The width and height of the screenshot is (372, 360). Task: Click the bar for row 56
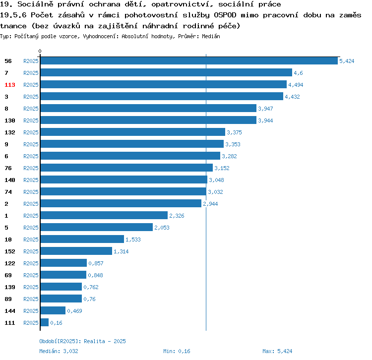[x=188, y=61]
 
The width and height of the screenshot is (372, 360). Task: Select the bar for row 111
[x=44, y=323]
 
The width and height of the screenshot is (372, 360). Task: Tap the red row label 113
[x=10, y=85]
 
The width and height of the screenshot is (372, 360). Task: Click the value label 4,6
[x=298, y=73]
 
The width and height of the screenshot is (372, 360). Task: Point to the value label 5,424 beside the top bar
[x=346, y=61]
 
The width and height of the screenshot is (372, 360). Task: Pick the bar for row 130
[x=148, y=120]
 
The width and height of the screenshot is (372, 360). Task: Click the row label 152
[x=10, y=251]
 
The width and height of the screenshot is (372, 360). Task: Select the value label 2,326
[x=177, y=216]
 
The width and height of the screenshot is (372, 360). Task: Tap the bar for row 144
[x=53, y=311]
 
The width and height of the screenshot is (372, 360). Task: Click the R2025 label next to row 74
[x=31, y=192]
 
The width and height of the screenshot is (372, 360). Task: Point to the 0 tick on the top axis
[x=40, y=51]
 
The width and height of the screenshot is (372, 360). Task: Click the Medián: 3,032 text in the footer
[x=59, y=351]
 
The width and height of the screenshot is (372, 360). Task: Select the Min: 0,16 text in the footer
[x=177, y=351]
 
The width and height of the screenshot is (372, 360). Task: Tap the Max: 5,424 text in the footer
[x=277, y=351]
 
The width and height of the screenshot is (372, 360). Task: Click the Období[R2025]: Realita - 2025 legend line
[x=82, y=341]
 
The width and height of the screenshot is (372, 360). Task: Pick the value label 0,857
[x=96, y=263]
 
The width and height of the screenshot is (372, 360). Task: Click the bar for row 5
[x=96, y=228]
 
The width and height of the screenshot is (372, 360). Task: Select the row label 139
[x=10, y=287]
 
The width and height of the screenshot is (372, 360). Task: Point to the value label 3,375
[x=234, y=132]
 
